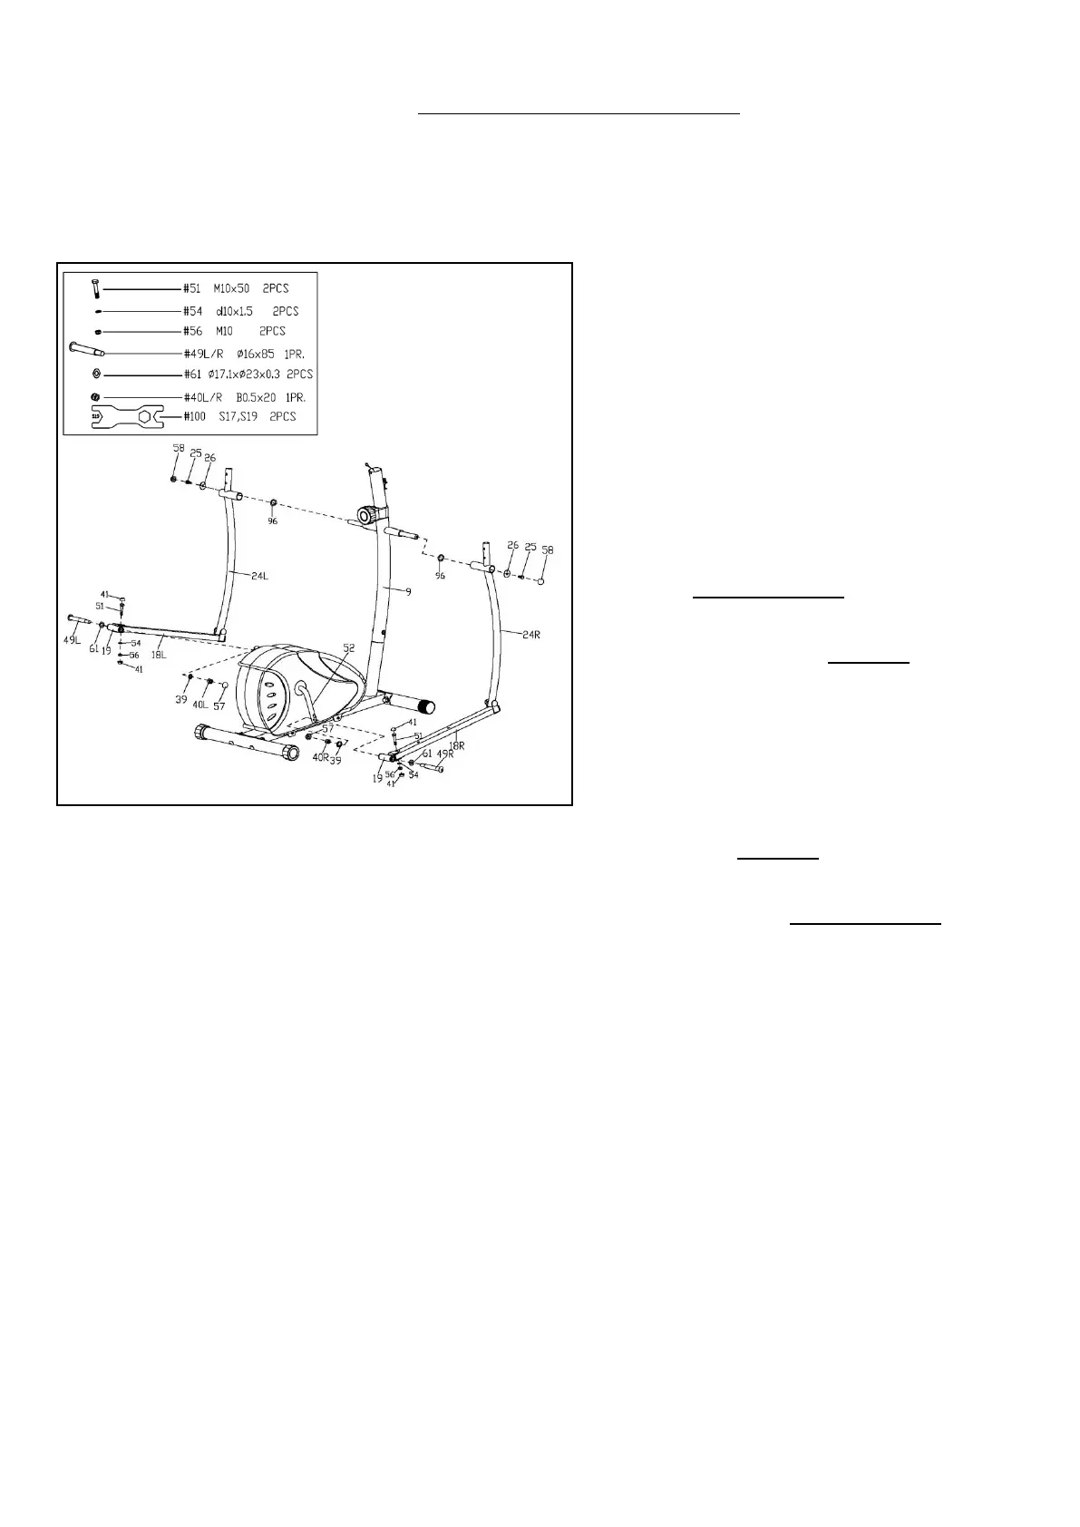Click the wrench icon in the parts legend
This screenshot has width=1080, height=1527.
tap(125, 417)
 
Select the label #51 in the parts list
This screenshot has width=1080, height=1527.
tap(192, 288)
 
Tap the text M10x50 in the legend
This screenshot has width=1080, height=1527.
tap(231, 288)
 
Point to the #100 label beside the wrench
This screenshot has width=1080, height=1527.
tap(194, 416)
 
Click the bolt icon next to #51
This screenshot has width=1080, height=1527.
tap(95, 289)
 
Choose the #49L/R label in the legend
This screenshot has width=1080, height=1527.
tap(203, 354)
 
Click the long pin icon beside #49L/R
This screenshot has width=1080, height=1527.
tap(87, 349)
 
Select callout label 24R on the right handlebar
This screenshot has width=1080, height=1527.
tap(530, 635)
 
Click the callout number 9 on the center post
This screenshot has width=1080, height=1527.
tap(408, 591)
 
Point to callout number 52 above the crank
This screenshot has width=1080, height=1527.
tap(349, 647)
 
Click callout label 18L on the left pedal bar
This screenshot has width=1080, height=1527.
tap(158, 655)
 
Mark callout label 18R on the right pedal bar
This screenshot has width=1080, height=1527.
tap(457, 745)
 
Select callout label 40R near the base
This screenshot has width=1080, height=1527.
tap(320, 756)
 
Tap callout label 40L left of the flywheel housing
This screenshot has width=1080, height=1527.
tap(199, 704)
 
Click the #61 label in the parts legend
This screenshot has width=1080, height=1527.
tap(192, 374)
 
